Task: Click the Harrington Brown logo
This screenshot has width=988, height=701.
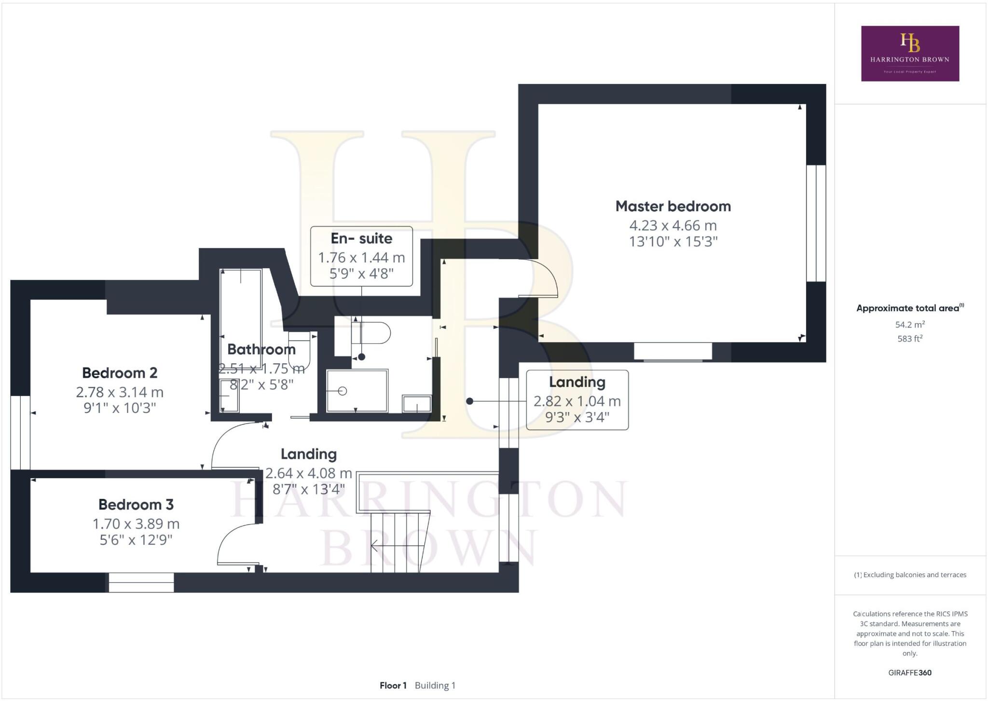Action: click(910, 53)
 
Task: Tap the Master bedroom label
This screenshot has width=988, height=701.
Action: click(673, 206)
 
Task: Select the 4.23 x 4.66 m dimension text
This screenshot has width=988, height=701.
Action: click(673, 225)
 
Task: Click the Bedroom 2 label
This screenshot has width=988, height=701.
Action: click(120, 373)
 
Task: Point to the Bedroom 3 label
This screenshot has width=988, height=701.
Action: click(136, 505)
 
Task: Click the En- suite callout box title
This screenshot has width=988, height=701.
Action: click(361, 238)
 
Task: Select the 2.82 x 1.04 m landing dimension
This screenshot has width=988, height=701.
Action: click(577, 401)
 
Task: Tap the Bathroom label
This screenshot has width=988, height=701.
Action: click(261, 349)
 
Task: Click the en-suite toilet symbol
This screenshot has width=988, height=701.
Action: click(371, 333)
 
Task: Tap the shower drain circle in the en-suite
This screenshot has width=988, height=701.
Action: click(343, 391)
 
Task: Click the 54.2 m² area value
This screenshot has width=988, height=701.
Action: click(910, 324)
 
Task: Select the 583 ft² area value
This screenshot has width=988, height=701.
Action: click(910, 339)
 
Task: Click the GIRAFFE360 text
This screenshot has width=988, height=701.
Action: click(910, 673)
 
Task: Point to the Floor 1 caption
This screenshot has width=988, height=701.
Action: click(393, 686)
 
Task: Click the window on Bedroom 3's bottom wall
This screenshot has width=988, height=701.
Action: click(141, 582)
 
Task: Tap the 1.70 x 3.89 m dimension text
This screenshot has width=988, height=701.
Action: click(136, 523)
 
